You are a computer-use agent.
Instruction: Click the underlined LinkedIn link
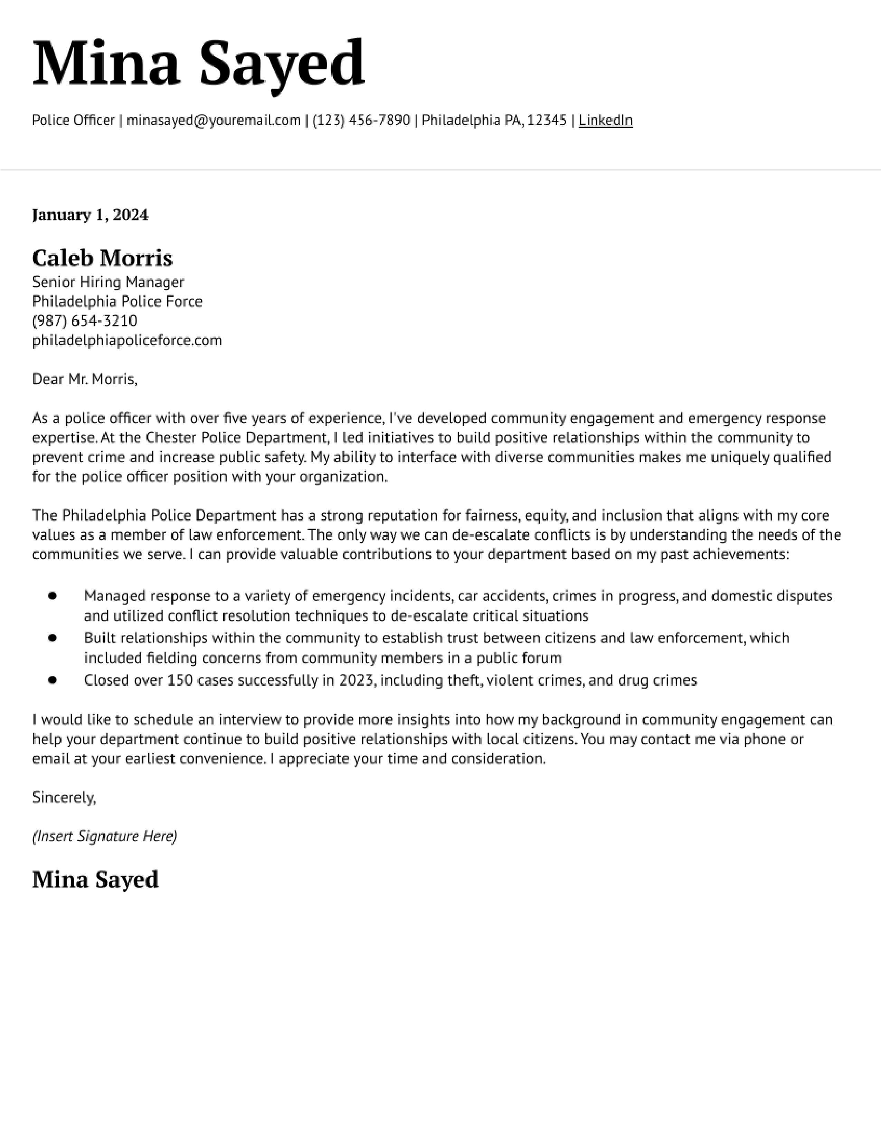click(605, 120)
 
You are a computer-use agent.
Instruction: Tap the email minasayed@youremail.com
click(214, 120)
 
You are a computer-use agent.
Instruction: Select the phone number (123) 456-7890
click(361, 120)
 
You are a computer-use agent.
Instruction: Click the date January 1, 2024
click(90, 215)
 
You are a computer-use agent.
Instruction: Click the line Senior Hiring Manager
click(108, 282)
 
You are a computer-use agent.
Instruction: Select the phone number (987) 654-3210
click(85, 321)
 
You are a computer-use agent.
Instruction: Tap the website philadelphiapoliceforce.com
click(127, 341)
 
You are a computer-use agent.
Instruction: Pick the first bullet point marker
click(52, 596)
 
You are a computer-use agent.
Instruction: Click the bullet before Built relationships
click(52, 638)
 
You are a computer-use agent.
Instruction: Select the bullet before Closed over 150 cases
click(52, 680)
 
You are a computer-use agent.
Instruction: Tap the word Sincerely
click(64, 797)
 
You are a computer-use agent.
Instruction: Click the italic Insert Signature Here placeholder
click(104, 837)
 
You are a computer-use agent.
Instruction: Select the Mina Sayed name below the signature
click(95, 880)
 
